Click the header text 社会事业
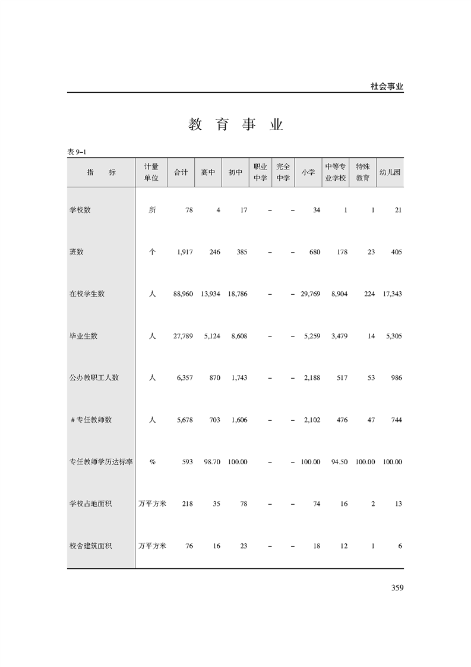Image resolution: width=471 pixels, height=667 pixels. [x=387, y=86]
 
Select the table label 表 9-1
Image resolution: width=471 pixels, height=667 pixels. [x=78, y=152]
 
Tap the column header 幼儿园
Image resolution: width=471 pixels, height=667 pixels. [x=390, y=172]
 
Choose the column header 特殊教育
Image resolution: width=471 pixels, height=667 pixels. [x=363, y=172]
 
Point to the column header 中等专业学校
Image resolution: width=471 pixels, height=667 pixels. [x=336, y=172]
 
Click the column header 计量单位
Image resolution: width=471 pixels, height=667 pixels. [x=151, y=172]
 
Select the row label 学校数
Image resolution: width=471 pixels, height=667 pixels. [x=80, y=210]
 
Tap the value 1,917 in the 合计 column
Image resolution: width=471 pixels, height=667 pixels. [x=185, y=252]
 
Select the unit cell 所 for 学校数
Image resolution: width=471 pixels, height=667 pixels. [x=152, y=210]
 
